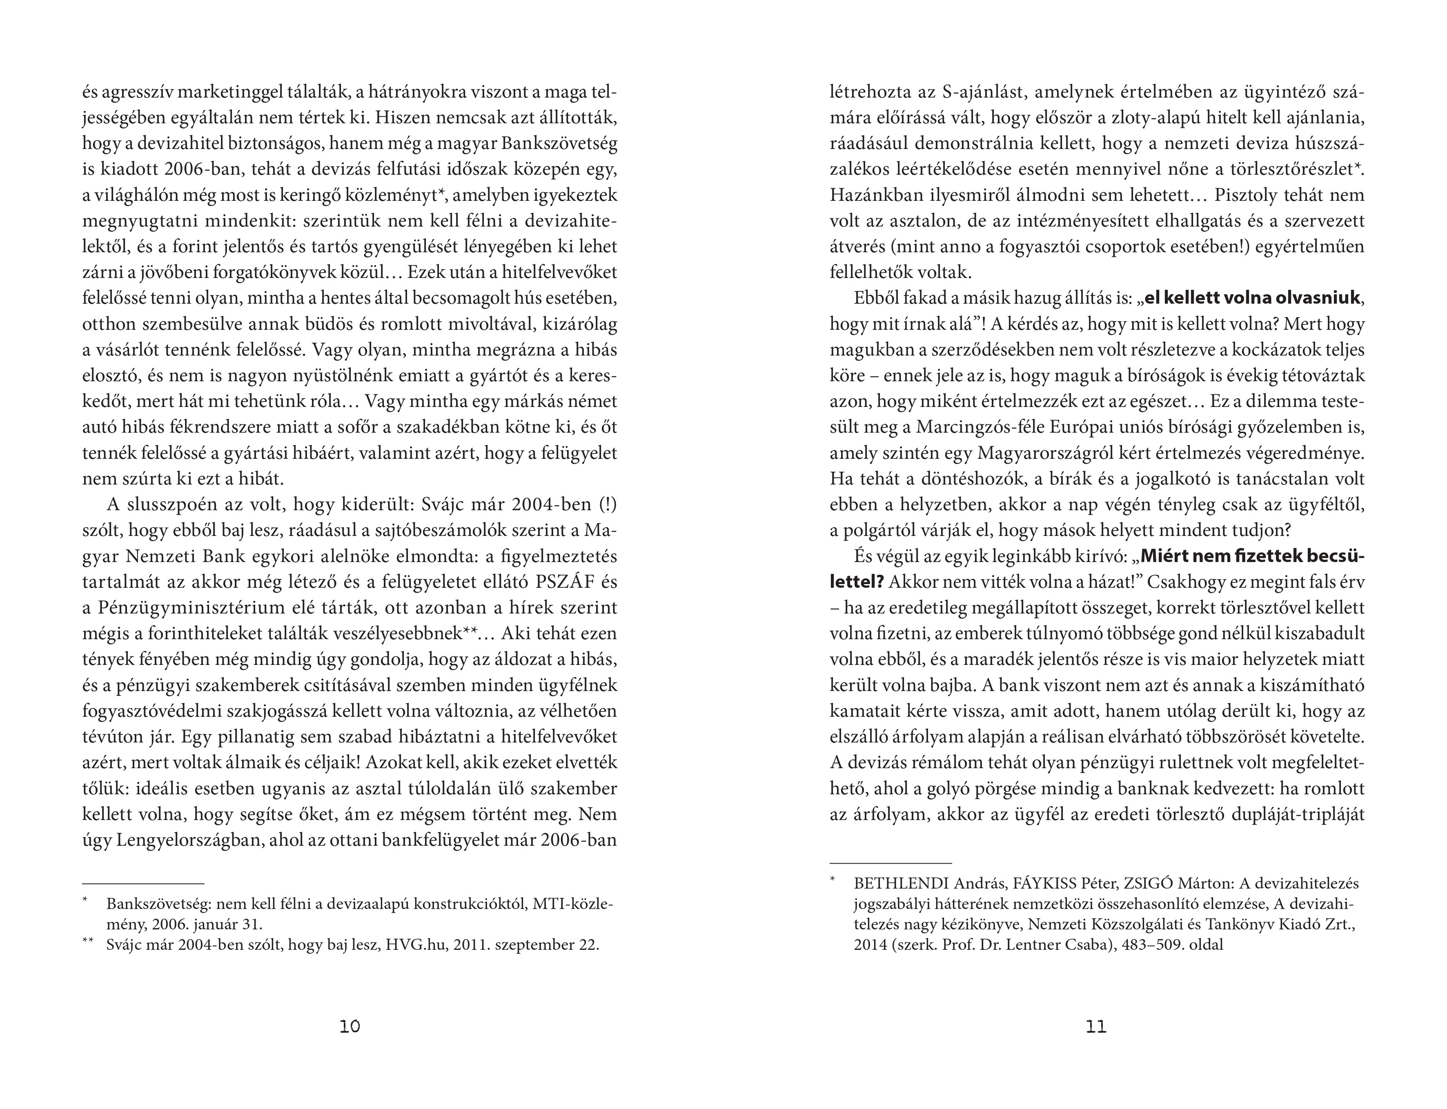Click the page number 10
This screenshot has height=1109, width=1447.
(350, 1027)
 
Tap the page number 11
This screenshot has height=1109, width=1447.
(1096, 1027)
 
